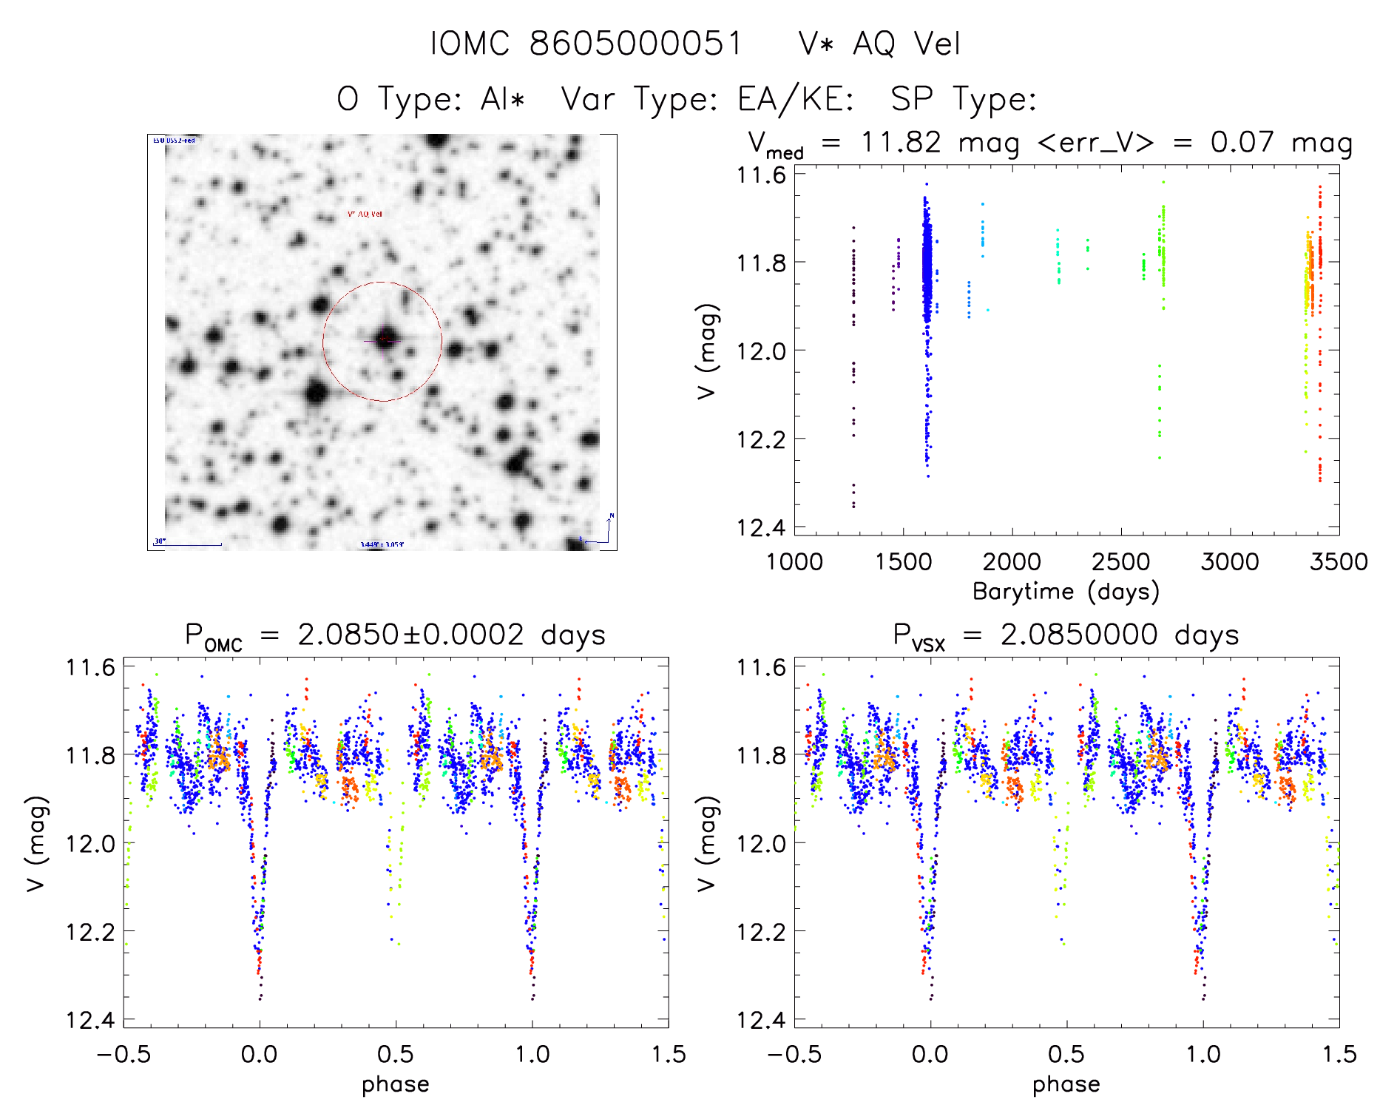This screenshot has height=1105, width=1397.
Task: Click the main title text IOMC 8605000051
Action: [x=586, y=44]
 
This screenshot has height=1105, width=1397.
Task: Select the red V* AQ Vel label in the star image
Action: [x=365, y=214]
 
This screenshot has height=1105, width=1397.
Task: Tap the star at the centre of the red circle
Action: [x=385, y=339]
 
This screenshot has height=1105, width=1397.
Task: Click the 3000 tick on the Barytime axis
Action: [x=1229, y=561]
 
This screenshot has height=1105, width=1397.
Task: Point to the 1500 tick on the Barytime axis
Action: [x=902, y=561]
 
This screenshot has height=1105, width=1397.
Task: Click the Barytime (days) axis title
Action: [x=1066, y=592]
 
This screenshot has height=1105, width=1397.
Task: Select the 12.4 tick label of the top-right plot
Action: [x=760, y=527]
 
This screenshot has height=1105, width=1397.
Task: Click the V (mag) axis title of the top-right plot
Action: [x=707, y=351]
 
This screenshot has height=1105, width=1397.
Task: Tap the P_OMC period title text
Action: [x=395, y=635]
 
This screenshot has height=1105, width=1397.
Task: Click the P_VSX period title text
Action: [x=1066, y=635]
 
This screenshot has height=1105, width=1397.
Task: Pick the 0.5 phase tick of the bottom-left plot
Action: [x=396, y=1054]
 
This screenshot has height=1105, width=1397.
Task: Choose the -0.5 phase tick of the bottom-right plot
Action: [x=794, y=1054]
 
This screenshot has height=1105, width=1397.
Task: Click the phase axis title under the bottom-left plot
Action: [x=395, y=1084]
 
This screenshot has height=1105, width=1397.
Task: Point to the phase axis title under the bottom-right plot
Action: [x=1066, y=1084]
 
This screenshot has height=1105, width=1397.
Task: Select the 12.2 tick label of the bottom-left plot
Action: [x=90, y=932]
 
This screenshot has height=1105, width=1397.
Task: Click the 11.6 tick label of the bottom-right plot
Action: [x=760, y=667]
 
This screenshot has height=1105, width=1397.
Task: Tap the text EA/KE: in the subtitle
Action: [x=796, y=99]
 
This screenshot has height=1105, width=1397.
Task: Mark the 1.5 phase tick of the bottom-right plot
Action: [x=1339, y=1054]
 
